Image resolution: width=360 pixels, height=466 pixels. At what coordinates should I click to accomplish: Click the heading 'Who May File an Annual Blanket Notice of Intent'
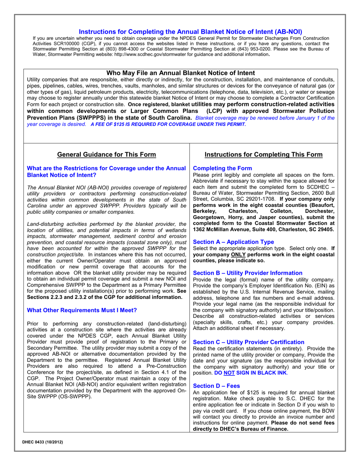point(180,73)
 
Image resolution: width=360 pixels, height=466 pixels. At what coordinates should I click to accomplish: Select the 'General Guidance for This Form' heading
point(106,155)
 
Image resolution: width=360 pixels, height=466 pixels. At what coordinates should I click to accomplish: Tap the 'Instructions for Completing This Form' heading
point(264,155)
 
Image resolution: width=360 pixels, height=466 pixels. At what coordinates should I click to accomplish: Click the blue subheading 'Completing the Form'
point(222,168)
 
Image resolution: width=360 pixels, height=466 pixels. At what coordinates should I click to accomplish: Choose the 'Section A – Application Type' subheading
point(233,242)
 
